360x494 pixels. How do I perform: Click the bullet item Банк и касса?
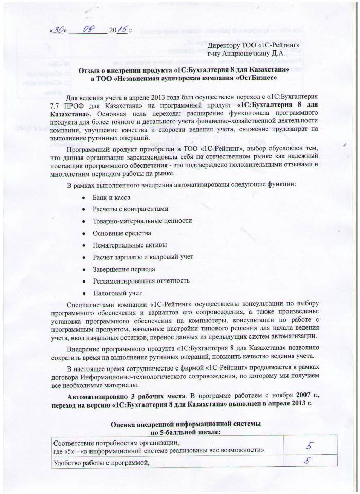(x=111, y=197)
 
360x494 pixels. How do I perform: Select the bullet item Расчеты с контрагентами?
(x=130, y=209)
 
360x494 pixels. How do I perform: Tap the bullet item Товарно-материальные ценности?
(x=142, y=221)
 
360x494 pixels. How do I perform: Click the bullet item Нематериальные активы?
(x=129, y=244)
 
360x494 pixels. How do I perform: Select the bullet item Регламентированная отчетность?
(x=141, y=280)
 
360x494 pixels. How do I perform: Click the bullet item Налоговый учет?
(x=117, y=293)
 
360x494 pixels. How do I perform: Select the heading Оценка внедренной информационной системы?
(x=185, y=423)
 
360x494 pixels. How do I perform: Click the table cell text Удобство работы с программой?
(x=104, y=463)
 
